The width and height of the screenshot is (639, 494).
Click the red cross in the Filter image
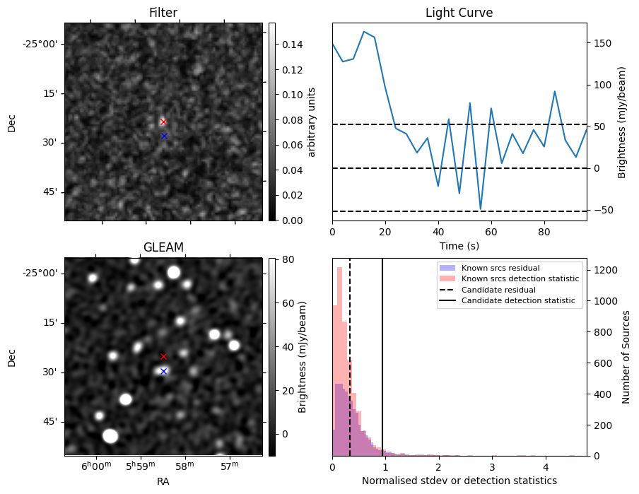[163, 122]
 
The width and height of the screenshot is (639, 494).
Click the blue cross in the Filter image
[164, 136]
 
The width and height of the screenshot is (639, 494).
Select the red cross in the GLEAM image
[163, 356]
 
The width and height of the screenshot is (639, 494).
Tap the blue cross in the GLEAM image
[163, 371]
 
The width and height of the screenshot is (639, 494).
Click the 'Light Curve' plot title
[459, 13]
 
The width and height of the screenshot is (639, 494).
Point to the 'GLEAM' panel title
[163, 247]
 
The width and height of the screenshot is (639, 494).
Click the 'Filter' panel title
[163, 13]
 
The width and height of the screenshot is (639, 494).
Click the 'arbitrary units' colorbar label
[311, 122]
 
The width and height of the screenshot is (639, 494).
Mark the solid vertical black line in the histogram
[382, 367]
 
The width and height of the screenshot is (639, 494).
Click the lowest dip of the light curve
[480, 210]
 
